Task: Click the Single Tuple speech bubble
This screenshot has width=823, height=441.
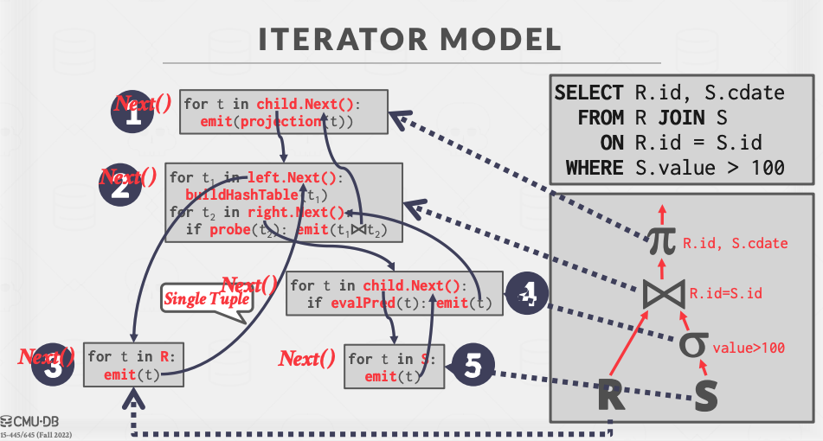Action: click(207, 299)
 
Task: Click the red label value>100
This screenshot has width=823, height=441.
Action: click(748, 348)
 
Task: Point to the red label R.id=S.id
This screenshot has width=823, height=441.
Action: click(725, 293)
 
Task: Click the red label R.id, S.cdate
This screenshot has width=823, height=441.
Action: click(735, 243)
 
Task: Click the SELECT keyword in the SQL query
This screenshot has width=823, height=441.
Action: click(588, 93)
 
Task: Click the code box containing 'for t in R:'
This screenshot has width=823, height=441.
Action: click(133, 365)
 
